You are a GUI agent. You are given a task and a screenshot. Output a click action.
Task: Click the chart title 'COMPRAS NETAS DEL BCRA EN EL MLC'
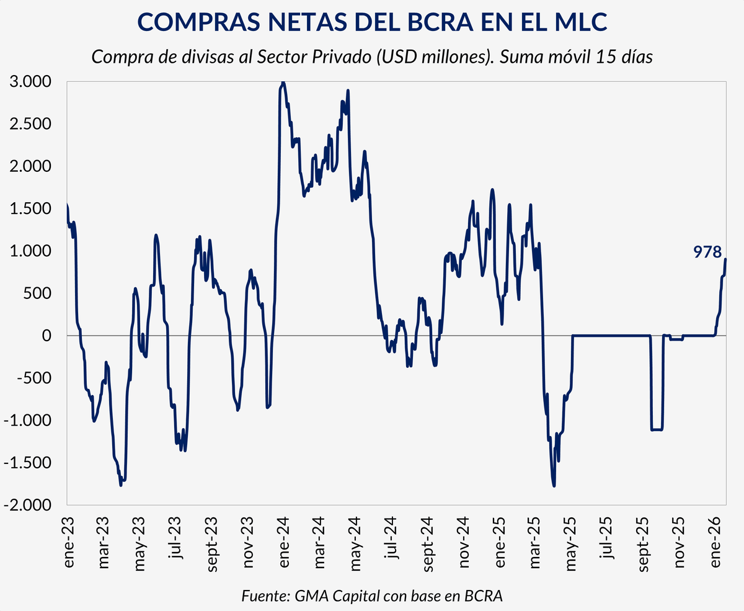pos(372,22)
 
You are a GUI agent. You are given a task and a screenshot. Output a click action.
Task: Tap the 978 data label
pos(707,251)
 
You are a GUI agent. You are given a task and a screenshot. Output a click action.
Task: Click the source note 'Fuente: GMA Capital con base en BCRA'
pos(372,596)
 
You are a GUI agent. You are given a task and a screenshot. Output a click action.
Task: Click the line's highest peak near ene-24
pos(283,83)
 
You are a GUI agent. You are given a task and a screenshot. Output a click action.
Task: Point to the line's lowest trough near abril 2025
pos(554,486)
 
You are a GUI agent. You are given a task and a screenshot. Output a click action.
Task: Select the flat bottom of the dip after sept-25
pos(657,429)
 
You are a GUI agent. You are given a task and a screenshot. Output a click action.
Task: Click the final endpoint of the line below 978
pos(726,259)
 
